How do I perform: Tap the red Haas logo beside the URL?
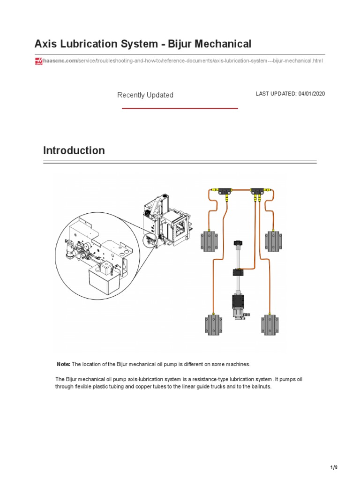pos(39,61)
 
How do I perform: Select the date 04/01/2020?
pos(311,94)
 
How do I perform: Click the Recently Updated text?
pos(145,95)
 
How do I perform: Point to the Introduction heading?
pos(74,150)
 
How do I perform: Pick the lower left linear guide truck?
pos(213,325)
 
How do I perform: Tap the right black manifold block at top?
pos(257,191)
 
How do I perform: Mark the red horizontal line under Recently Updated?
pos(180,108)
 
